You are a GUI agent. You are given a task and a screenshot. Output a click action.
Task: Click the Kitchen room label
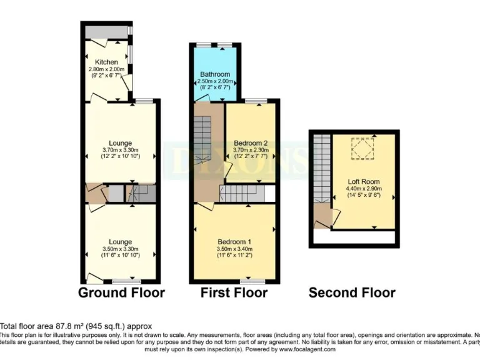pyautogui.click(x=106, y=62)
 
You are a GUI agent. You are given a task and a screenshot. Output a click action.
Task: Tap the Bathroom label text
pyautogui.click(x=215, y=74)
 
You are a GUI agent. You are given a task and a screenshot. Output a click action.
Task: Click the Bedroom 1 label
pyautogui.click(x=234, y=242)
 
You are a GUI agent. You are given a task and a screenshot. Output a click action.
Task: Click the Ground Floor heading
pyautogui.click(x=121, y=292)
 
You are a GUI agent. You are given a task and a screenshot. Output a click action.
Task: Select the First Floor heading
pyautogui.click(x=234, y=292)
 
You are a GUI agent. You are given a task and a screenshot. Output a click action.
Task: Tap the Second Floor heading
pyautogui.click(x=352, y=292)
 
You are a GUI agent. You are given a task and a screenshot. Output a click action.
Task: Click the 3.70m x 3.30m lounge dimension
pyautogui.click(x=119, y=150)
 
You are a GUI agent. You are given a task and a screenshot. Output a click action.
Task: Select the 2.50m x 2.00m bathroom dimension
pyautogui.click(x=215, y=81)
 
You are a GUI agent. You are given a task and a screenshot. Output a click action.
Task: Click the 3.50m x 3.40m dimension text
pyautogui.click(x=234, y=249)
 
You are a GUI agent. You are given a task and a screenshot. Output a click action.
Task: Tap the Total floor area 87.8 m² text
pyautogui.click(x=75, y=326)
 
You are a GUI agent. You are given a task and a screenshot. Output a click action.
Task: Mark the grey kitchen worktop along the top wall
pyautogui.click(x=106, y=31)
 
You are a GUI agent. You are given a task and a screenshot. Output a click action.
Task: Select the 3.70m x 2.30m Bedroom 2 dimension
pyautogui.click(x=251, y=150)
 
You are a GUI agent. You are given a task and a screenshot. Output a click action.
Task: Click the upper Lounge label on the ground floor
pyautogui.click(x=119, y=143)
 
